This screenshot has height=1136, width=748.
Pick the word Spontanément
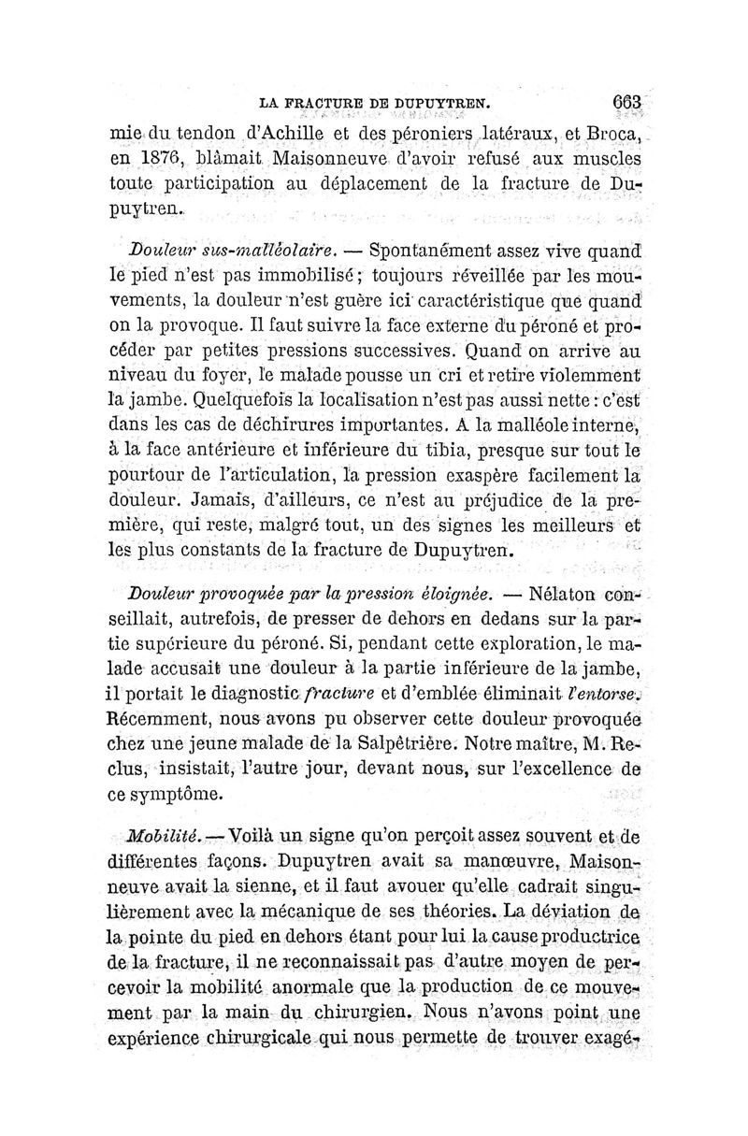(429, 251)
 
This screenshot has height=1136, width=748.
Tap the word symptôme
(177, 795)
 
